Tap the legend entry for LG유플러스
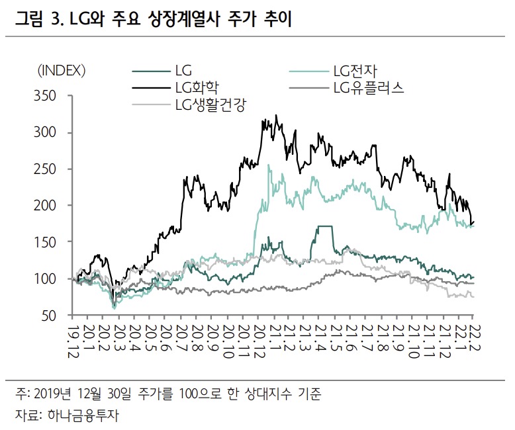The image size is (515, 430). coord(369,87)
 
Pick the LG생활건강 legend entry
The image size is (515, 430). coord(211,104)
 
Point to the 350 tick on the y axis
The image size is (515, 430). coord(48,96)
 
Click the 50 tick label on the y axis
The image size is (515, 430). coord(52,316)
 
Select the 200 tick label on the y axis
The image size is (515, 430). coord(48,206)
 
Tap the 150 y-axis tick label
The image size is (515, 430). coord(48,242)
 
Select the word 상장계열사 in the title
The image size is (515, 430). coord(181,20)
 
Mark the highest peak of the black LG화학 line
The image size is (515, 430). coord(276,116)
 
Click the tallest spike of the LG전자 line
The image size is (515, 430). coord(268,165)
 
